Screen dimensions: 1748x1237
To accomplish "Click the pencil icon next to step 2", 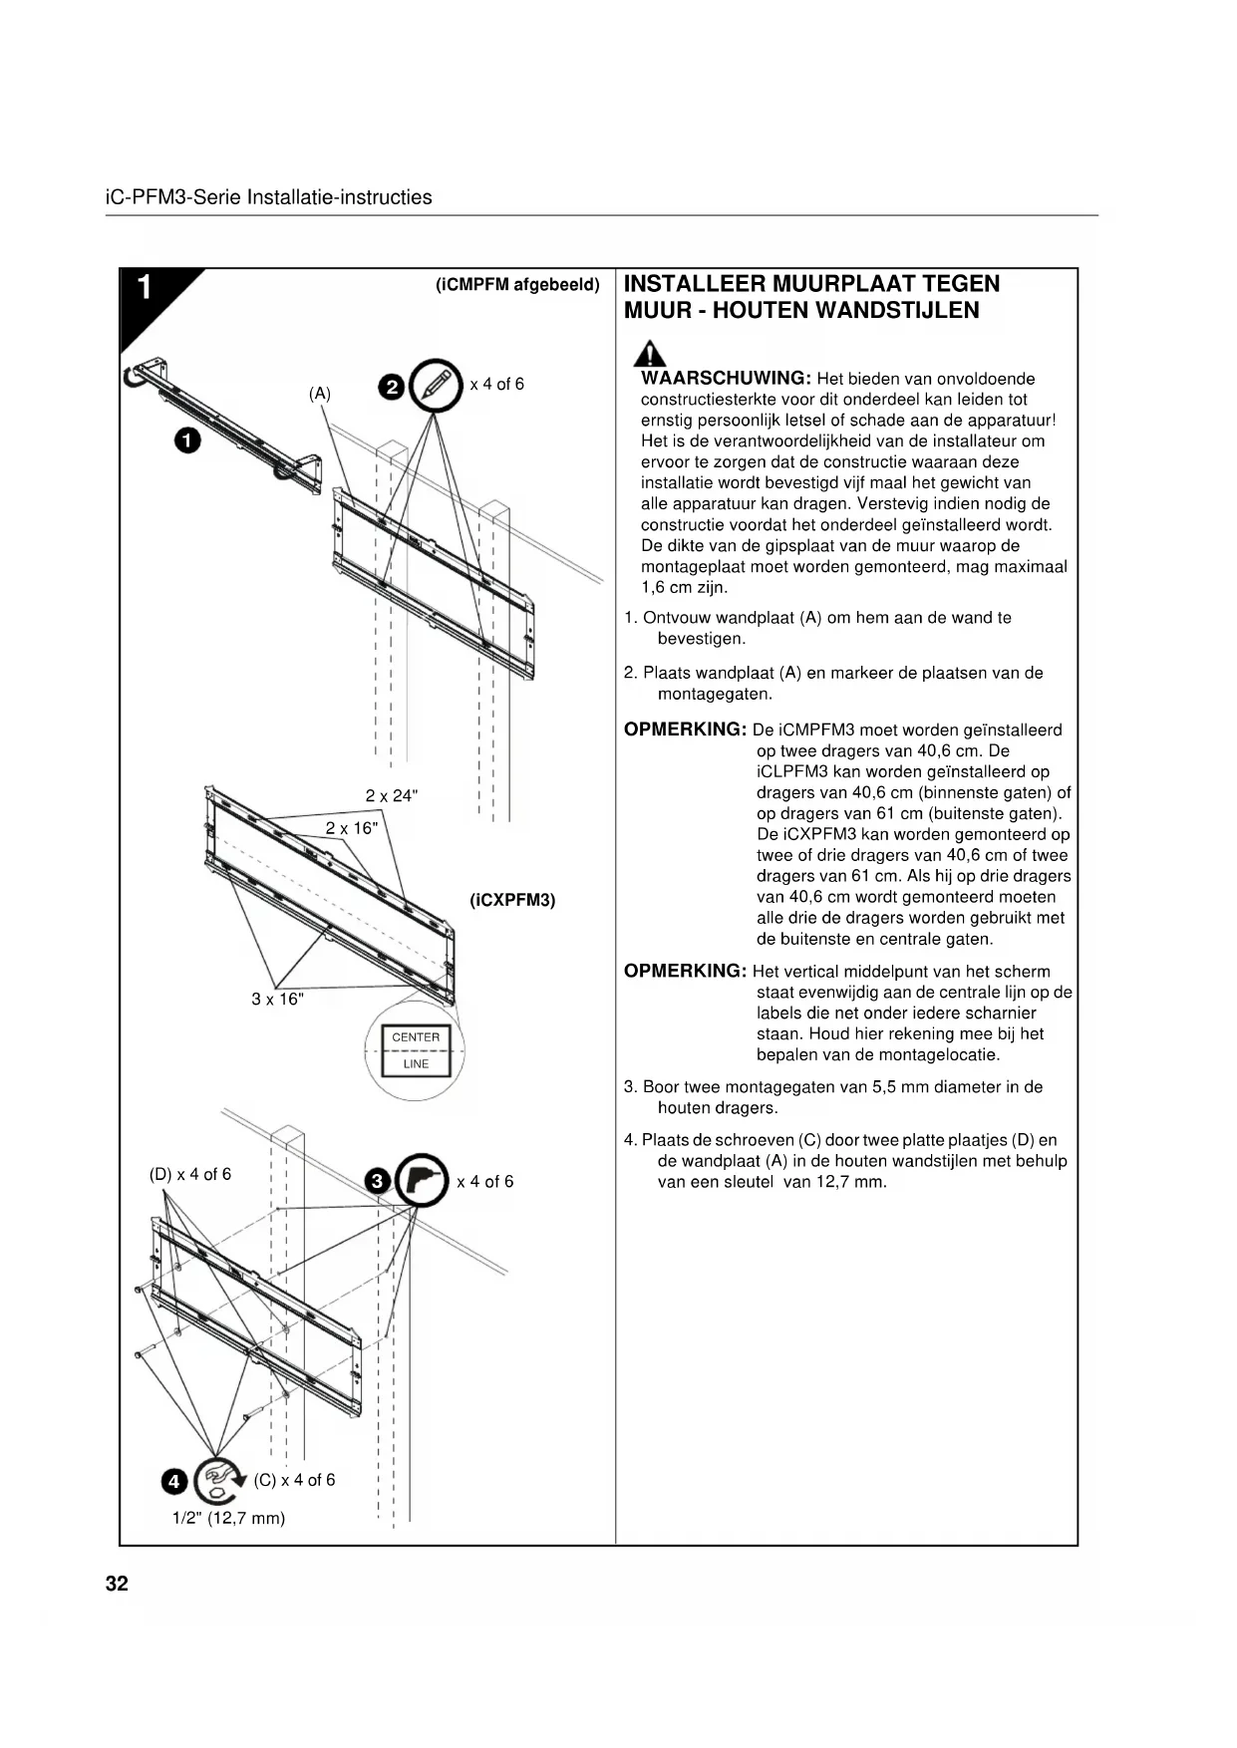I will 436,384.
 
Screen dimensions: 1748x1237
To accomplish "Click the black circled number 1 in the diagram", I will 186,440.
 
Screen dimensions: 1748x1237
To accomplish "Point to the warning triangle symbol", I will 651,354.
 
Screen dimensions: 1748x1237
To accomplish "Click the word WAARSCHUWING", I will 725,379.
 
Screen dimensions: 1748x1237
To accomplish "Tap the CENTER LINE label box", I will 416,1050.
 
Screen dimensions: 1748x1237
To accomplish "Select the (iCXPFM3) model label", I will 512,900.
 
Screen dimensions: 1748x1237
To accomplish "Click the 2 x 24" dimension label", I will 392,795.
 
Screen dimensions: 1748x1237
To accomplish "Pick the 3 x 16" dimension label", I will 277,999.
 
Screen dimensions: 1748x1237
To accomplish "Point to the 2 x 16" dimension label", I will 352,828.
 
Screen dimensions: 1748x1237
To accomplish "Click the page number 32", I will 117,1585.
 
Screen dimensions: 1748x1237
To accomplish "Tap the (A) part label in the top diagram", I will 319,394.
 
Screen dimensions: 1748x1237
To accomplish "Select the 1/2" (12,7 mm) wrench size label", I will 228,1518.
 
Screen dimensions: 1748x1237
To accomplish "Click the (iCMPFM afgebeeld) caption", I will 517,285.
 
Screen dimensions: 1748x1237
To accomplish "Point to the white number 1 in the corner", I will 145,288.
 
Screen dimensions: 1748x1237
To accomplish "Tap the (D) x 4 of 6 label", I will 189,1174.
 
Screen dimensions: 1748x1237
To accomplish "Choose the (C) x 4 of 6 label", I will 294,1480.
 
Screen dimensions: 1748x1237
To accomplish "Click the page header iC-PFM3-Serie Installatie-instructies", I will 268,197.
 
